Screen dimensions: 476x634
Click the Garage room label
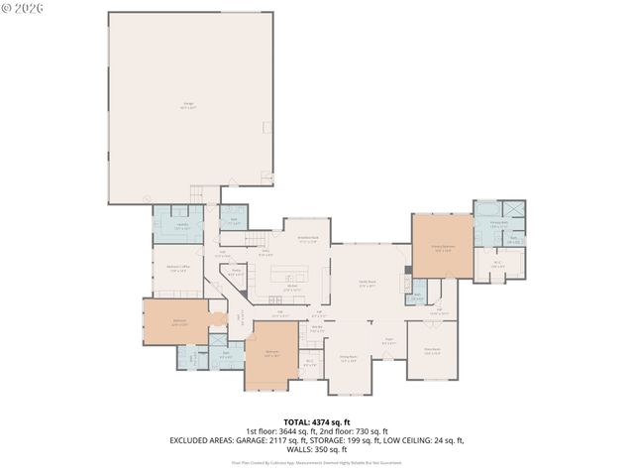(x=188, y=105)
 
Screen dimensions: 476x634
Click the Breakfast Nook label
(x=308, y=238)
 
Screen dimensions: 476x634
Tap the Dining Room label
(x=348, y=358)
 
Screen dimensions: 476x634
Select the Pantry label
(x=237, y=271)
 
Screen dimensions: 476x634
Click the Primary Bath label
(x=485, y=227)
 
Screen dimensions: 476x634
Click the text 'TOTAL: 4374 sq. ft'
(x=316, y=422)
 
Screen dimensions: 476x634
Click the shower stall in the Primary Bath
(x=514, y=210)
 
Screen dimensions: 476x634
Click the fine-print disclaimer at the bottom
(x=316, y=462)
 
